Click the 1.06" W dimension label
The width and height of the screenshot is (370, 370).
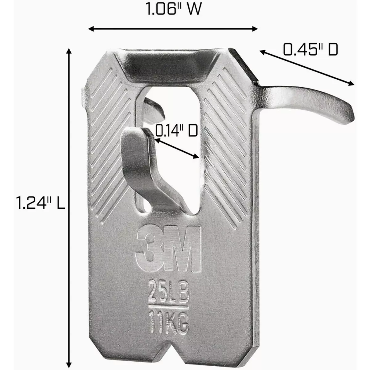[x=173, y=10]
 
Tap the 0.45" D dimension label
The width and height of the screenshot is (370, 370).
[x=310, y=50]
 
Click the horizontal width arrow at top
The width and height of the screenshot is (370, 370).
[x=173, y=29]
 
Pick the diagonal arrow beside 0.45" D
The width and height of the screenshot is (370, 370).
[x=307, y=68]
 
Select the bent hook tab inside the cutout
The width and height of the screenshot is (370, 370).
[x=139, y=160]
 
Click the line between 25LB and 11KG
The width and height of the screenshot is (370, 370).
[x=168, y=307]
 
